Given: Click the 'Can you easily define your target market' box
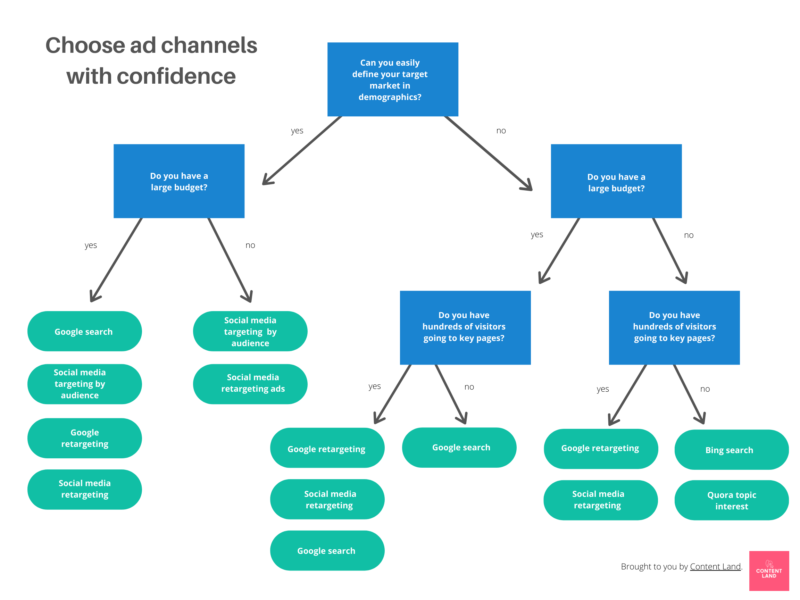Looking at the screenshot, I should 392,79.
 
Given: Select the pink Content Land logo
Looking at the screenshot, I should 768,570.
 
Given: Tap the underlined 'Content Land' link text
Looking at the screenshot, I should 715,566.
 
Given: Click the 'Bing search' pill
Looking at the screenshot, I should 731,450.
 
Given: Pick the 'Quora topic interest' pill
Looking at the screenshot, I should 731,500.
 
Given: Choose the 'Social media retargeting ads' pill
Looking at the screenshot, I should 250,384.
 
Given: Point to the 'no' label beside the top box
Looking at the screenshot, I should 501,131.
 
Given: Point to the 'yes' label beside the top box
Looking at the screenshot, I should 297,131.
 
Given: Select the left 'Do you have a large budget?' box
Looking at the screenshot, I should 179,181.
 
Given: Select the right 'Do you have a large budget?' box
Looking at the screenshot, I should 616,181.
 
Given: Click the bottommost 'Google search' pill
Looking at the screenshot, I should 327,550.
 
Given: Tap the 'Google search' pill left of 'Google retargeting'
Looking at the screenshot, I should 459,447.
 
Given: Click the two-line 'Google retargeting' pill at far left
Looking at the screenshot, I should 85,438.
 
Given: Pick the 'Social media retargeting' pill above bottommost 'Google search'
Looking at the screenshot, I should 327,499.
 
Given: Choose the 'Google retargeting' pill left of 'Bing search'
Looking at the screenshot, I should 600,449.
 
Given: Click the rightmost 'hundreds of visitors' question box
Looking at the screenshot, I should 674,327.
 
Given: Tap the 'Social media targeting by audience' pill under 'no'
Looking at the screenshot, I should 250,331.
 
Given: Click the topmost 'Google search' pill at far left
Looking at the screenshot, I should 85,331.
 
